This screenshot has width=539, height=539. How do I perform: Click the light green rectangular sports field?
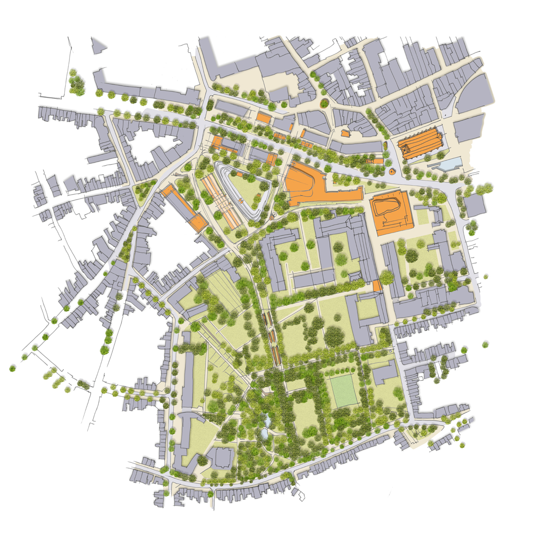click(343, 390)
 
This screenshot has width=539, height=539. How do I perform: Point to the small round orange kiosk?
click(392, 172)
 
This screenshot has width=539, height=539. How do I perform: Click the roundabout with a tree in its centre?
click(324, 103)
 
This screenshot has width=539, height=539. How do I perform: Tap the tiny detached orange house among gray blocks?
click(344, 133)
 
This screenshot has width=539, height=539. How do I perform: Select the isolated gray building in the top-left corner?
click(98, 45)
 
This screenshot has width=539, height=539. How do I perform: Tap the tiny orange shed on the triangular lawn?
click(239, 175)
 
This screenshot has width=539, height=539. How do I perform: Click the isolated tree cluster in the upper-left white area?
click(76, 83)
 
